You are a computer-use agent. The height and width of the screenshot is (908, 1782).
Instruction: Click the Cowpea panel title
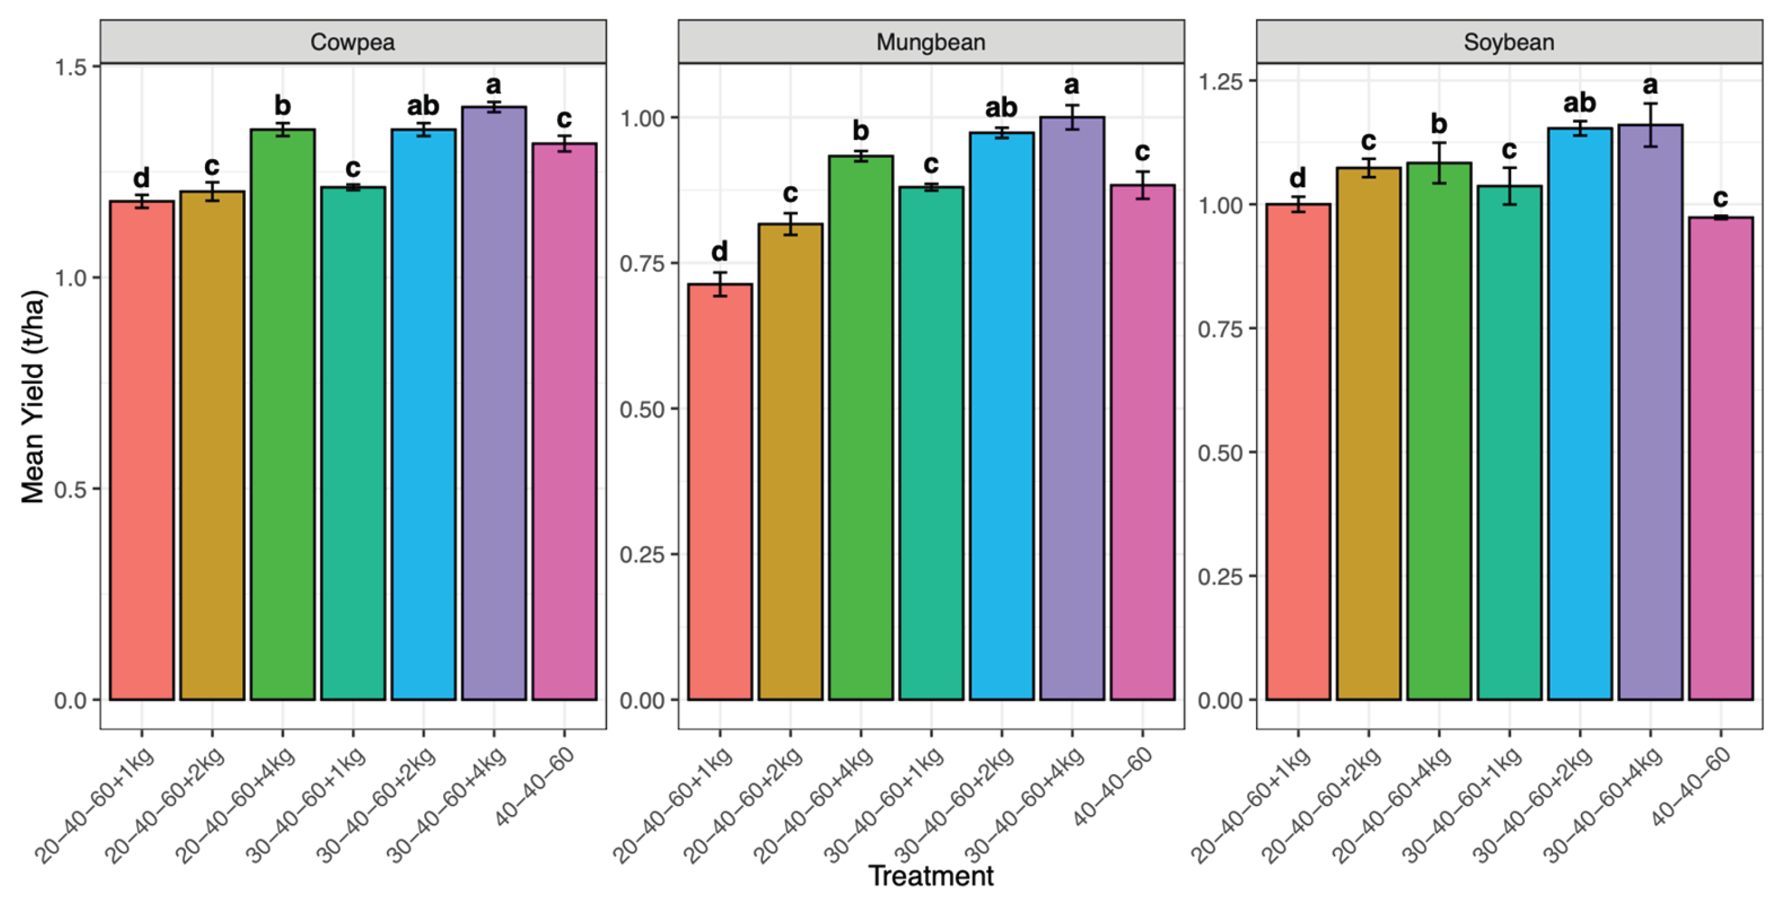(353, 42)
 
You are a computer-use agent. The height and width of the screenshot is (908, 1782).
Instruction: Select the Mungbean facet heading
(931, 42)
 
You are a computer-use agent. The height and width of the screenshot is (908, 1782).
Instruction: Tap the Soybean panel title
(1510, 42)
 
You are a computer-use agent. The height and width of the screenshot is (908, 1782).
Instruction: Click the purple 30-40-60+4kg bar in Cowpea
(494, 403)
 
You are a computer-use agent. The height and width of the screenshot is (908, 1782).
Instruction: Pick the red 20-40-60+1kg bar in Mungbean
(720, 492)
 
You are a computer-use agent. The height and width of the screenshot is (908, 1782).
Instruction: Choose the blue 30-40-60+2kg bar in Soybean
(1580, 415)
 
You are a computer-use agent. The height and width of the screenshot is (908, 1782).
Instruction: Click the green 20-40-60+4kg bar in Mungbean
(861, 428)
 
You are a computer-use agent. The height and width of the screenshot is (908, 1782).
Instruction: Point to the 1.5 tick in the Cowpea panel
(71, 67)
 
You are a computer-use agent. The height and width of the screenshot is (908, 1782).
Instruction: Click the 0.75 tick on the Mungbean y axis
(642, 263)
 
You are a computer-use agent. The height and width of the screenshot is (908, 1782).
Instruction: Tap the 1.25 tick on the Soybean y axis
(1220, 82)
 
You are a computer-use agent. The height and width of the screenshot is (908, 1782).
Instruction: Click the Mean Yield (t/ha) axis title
(33, 397)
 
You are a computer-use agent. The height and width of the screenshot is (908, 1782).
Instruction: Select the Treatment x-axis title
(931, 876)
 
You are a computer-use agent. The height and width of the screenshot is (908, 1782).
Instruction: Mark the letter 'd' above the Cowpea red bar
(141, 178)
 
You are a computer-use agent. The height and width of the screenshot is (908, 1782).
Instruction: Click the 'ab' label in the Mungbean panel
(1001, 107)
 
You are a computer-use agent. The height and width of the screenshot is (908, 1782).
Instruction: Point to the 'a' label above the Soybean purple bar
(1651, 85)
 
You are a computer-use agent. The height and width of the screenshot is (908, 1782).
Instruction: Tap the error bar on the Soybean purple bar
(1651, 125)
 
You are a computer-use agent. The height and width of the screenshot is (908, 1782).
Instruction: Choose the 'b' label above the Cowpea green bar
(283, 105)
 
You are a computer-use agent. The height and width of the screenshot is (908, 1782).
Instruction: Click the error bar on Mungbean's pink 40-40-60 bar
(1143, 185)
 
